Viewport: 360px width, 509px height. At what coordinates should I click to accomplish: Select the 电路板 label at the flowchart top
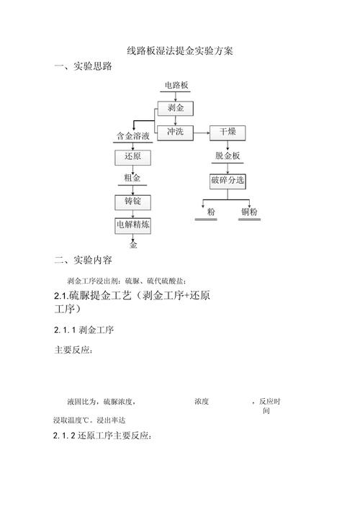176,86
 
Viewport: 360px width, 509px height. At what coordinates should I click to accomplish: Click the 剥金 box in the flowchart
176,108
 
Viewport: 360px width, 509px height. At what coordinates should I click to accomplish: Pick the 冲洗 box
176,131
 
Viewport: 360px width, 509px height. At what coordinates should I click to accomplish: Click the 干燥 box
227,132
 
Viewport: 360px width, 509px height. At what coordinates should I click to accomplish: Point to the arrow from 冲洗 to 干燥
202,132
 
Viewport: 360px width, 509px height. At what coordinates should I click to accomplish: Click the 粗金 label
133,178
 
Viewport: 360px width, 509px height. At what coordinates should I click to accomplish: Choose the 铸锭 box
133,201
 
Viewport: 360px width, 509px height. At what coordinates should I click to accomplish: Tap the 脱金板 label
227,156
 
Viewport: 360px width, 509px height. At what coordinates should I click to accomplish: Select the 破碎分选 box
227,179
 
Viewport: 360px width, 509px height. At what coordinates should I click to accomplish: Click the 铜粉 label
249,212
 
